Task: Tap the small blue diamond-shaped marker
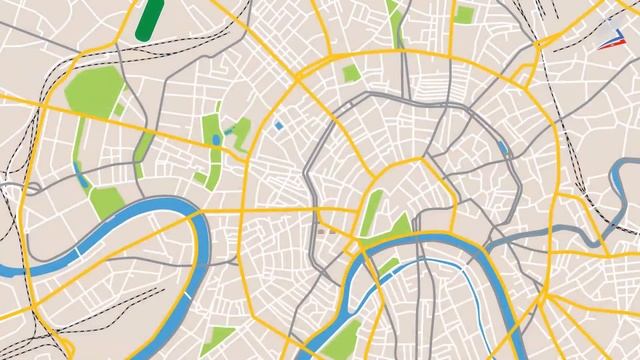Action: click(x=279, y=125)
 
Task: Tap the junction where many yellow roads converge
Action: click(x=545, y=298)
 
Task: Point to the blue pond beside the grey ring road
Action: click(x=502, y=151)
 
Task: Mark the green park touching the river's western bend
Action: click(x=106, y=201)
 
